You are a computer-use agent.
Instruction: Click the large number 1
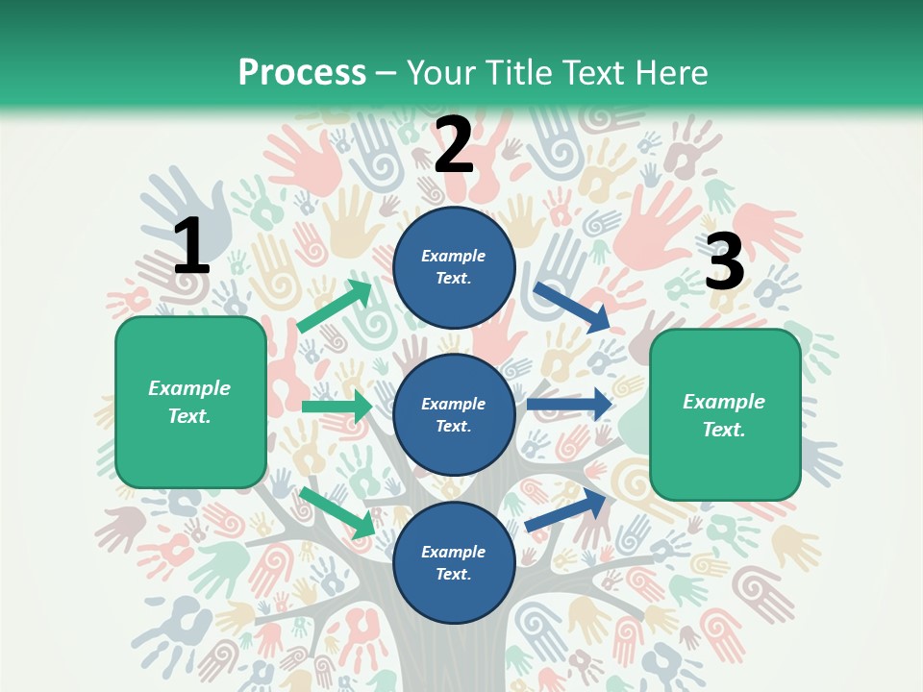[191, 247]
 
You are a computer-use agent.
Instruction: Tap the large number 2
[454, 144]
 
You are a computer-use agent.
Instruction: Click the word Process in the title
[302, 72]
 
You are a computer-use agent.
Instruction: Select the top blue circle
[454, 267]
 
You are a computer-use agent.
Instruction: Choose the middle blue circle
[454, 414]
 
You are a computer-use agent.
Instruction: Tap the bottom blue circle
[454, 562]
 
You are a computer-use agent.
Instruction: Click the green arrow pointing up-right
[336, 307]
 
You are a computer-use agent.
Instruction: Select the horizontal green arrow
[337, 407]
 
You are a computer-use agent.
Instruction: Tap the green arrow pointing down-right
[337, 512]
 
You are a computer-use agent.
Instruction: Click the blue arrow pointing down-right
[573, 308]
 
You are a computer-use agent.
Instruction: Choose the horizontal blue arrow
[569, 405]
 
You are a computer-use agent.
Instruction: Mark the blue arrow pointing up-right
[567, 510]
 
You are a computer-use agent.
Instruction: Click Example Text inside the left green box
[189, 402]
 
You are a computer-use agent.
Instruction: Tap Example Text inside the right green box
[724, 415]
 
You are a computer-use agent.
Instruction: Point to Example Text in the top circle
[454, 267]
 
